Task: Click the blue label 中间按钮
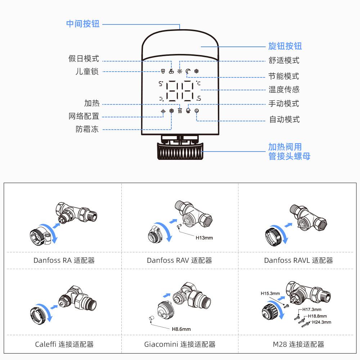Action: point(83,24)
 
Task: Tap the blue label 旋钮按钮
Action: point(285,46)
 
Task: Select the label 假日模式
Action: point(84,59)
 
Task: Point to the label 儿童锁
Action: point(87,71)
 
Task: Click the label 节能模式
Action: point(284,76)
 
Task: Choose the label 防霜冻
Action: point(87,129)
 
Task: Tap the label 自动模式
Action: point(284,120)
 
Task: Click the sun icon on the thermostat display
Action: point(180,71)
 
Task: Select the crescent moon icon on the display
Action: point(188,71)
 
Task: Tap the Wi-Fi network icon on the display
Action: point(163,111)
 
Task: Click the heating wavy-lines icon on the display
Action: point(180,111)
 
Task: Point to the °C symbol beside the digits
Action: point(198,83)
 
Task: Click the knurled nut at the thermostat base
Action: point(180,151)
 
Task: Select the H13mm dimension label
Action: point(204,238)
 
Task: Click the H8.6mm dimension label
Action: point(181,329)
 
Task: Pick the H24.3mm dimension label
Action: point(321,322)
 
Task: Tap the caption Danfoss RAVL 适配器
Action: point(298,260)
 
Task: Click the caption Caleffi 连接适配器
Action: point(64,344)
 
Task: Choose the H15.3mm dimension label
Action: point(270,293)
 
